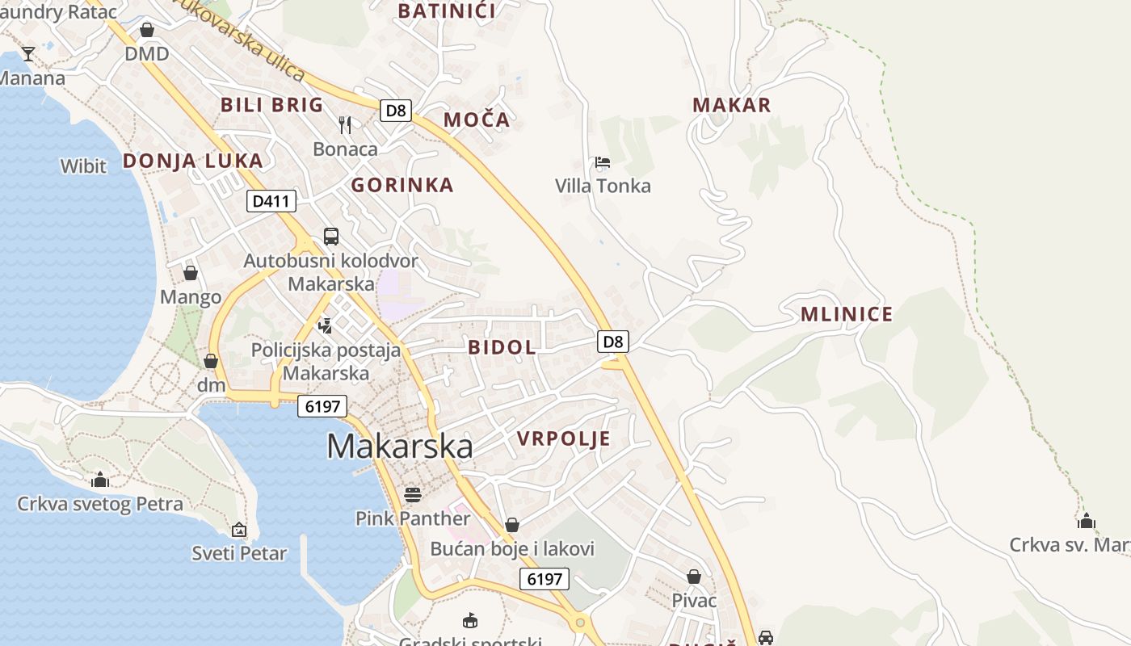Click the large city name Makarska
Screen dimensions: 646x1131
coord(400,447)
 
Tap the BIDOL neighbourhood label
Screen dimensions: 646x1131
coord(502,347)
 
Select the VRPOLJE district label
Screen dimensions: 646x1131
coord(563,438)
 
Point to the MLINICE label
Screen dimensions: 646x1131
coord(847,315)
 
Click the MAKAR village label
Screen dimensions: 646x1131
coord(732,105)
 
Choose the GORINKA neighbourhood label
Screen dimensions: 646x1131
coord(402,185)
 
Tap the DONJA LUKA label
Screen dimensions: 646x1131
coord(193,161)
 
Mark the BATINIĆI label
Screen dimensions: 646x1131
coord(447,11)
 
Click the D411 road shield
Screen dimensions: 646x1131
coord(271,201)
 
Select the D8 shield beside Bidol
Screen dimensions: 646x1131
coord(613,342)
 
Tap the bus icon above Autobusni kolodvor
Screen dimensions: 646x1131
coord(331,236)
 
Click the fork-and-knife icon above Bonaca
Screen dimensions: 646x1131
coord(345,124)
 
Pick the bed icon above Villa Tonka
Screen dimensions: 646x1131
coord(602,162)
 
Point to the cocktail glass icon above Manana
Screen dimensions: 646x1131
coord(28,54)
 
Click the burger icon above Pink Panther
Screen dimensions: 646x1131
coord(413,494)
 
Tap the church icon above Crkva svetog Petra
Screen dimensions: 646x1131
coord(100,480)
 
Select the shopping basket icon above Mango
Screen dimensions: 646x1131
coord(191,273)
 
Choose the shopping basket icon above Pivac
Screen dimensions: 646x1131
coord(694,577)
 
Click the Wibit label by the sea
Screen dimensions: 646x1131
coord(83,166)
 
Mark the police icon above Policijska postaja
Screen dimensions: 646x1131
coord(326,325)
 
